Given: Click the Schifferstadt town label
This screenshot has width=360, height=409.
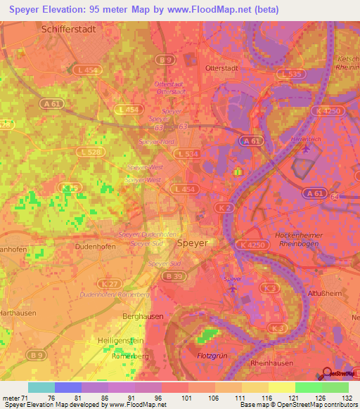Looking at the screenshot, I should tap(68, 30).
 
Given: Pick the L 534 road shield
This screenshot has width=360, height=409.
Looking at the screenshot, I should tap(188, 153).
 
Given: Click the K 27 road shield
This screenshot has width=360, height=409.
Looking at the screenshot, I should tap(108, 283).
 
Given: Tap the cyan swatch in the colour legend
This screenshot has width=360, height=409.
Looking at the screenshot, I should tap(41, 387).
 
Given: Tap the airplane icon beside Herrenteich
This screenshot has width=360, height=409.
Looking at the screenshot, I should tap(305, 148).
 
